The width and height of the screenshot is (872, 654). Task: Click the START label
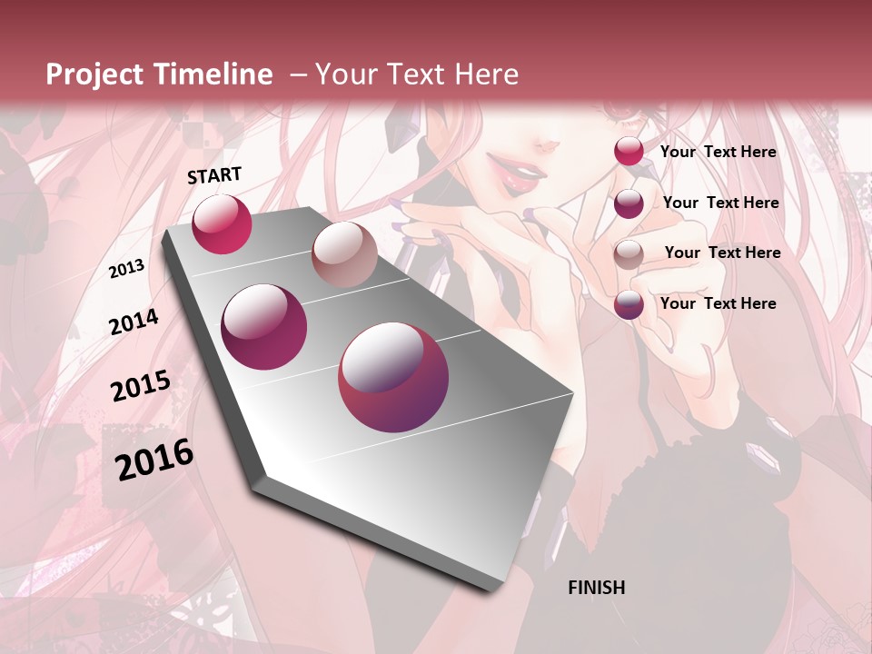214,175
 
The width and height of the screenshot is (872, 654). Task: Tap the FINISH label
596,588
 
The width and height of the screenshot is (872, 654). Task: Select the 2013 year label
126,269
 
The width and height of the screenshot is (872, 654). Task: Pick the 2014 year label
134,322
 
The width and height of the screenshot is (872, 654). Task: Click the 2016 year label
154,460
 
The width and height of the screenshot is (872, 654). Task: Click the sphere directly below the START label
222,223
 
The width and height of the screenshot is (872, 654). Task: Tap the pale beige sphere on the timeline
344,254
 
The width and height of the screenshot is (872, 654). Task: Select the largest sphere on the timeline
393,377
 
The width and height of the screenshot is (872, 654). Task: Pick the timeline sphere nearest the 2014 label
264,326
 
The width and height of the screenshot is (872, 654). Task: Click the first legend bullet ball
629,151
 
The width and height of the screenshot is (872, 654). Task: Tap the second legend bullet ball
629,203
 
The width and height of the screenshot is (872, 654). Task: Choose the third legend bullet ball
629,254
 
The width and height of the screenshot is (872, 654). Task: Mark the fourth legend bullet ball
629,304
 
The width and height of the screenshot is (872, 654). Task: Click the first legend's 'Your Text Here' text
718,152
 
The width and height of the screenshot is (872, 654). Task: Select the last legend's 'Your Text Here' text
718,303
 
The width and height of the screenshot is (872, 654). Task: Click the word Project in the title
95,74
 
